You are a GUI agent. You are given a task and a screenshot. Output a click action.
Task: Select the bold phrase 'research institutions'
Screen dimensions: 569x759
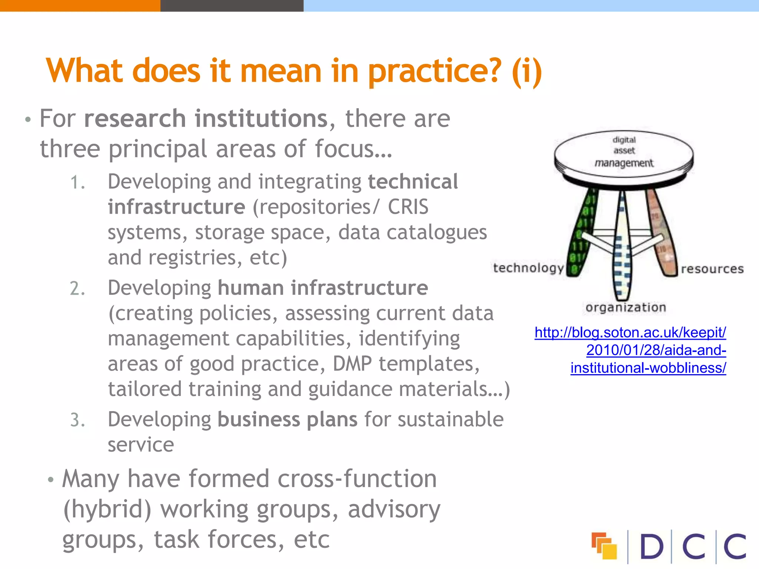click(x=206, y=119)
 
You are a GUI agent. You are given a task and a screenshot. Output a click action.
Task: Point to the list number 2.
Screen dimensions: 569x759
click(x=77, y=289)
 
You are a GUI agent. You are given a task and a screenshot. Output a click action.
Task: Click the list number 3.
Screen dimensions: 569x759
click(x=77, y=420)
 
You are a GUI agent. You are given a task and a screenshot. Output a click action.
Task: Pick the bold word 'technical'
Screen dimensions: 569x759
click(x=413, y=182)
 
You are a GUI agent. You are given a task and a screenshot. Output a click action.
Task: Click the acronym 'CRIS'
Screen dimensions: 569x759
click(x=408, y=207)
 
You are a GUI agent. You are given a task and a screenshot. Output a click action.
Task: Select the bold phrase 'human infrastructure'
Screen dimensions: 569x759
click(x=322, y=288)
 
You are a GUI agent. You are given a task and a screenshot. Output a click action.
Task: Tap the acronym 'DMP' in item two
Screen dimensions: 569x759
click(x=352, y=364)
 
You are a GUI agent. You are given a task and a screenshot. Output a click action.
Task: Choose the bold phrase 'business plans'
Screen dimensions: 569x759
click(x=287, y=419)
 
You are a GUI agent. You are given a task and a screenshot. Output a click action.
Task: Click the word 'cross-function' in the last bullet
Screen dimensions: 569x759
click(x=357, y=479)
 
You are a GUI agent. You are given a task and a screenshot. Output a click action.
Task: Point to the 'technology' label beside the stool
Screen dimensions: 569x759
click(x=528, y=268)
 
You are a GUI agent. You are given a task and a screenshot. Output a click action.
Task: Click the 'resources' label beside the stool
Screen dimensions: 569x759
click(x=712, y=269)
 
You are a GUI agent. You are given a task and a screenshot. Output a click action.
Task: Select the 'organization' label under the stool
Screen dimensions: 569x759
click(x=626, y=307)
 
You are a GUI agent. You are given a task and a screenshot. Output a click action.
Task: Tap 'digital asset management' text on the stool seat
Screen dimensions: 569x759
click(x=624, y=151)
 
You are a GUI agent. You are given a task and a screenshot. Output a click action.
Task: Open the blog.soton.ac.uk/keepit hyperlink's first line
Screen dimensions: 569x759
click(x=630, y=333)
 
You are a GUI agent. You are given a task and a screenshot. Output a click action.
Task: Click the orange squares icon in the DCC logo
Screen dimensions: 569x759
click(x=604, y=546)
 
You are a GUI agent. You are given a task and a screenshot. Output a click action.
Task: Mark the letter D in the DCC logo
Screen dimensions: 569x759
click(x=651, y=546)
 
